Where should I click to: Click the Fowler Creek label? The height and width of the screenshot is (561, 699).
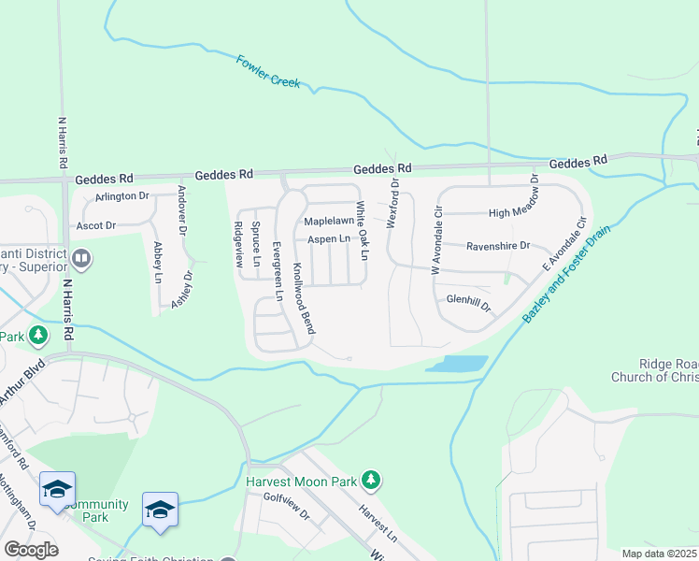coord(268,72)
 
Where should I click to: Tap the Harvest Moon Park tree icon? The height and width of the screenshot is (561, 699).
coord(372,481)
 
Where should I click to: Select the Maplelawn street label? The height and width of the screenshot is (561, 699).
coord(329,222)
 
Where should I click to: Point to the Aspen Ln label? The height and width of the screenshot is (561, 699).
coord(328,240)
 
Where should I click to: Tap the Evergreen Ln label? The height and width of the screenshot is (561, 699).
coord(277,271)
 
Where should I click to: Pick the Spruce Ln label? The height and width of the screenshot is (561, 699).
coord(256,244)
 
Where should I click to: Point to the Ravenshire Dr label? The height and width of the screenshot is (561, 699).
coord(498,246)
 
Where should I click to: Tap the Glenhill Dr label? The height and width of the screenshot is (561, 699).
coord(468,300)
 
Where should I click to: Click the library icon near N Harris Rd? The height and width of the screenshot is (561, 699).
coord(81,257)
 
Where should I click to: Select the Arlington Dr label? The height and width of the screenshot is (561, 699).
coord(121,196)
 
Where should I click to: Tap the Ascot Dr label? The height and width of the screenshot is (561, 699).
coord(96,225)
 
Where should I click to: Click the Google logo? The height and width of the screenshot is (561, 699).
coord(31,550)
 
